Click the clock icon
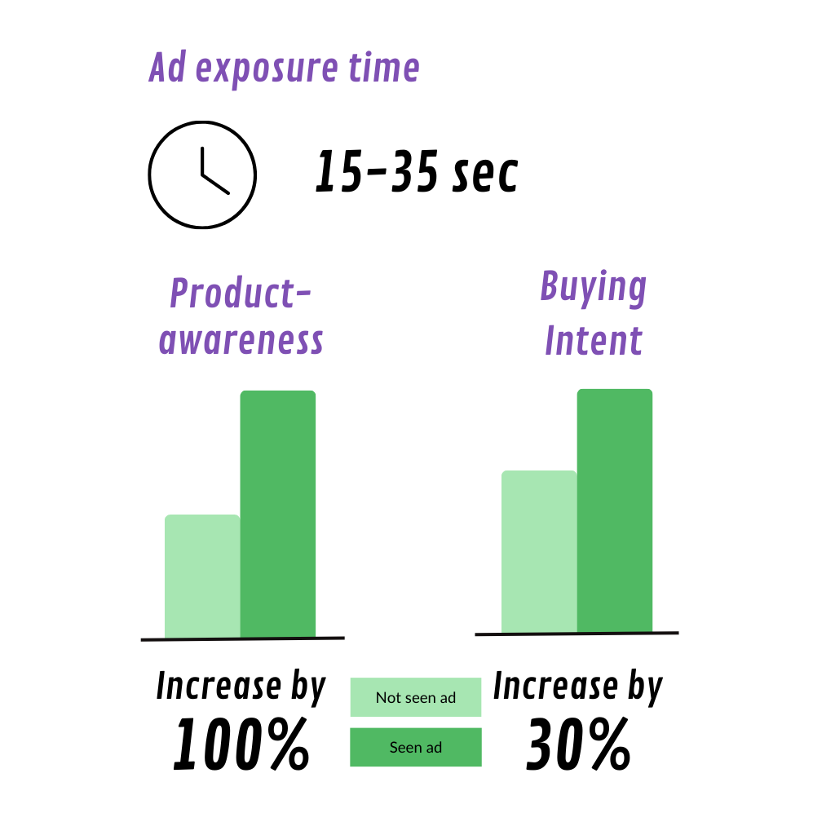[202, 122]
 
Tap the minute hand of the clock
[202, 161]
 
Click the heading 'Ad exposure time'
[285, 68]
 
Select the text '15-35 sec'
[417, 171]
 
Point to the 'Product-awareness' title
[241, 316]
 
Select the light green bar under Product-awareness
[202, 576]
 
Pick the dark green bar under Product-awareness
[278, 514]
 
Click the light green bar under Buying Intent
[539, 551]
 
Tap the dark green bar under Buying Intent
[615, 510]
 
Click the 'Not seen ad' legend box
[416, 697]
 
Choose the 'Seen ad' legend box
[416, 747]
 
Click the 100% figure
[241, 744]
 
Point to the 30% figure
[578, 744]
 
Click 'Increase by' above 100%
[241, 687]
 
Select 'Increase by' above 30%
[578, 687]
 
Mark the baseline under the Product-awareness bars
[243, 638]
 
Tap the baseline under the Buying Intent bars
[577, 634]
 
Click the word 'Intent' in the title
[594, 340]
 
